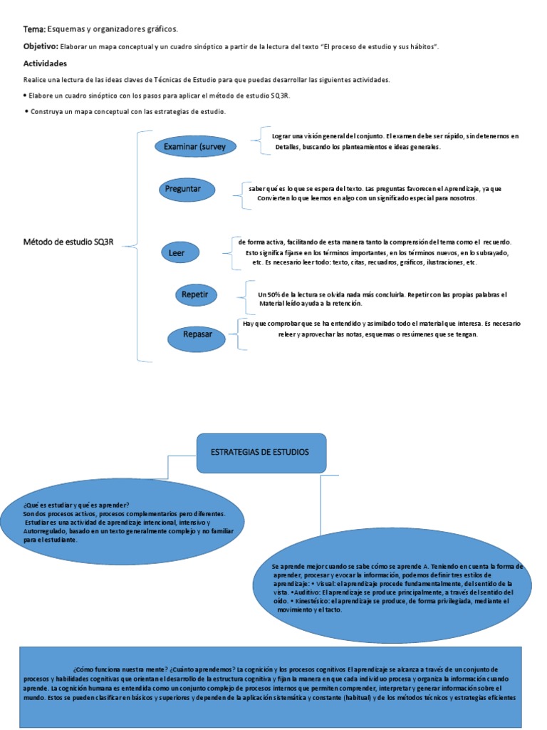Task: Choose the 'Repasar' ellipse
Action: coord(197,335)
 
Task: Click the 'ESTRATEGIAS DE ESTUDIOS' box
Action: coord(261,453)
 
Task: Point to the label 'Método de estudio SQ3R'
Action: coord(68,243)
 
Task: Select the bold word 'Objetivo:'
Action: coord(40,46)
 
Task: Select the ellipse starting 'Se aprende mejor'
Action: coord(391,588)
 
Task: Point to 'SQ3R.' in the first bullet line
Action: coord(281,96)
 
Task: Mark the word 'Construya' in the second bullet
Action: coord(47,112)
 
